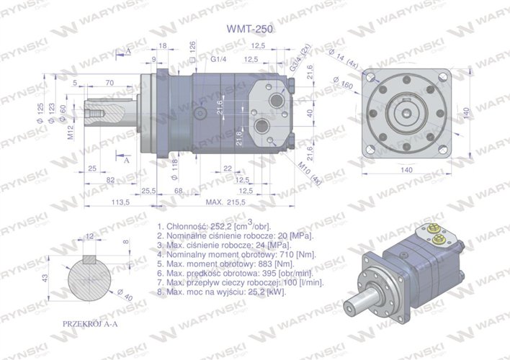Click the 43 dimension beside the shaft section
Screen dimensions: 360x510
45,278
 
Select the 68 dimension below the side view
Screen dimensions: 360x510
179,191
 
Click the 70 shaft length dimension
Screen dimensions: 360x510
109,84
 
